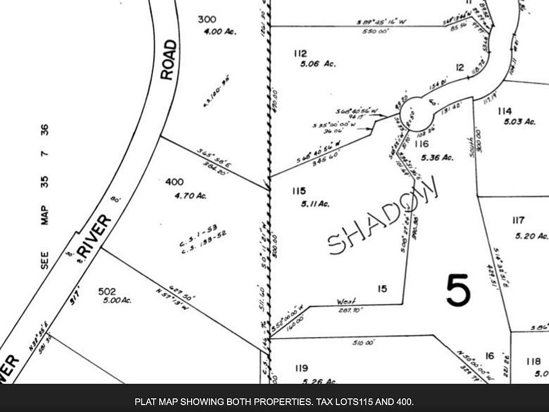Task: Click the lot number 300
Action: pyautogui.click(x=206, y=19)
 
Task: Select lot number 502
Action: pyautogui.click(x=108, y=291)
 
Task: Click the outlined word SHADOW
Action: pyautogui.click(x=384, y=216)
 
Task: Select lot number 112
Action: pyautogui.click(x=300, y=54)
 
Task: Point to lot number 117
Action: pyautogui.click(x=519, y=220)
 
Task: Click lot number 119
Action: pyautogui.click(x=301, y=368)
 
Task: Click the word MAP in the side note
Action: pyautogui.click(x=45, y=216)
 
